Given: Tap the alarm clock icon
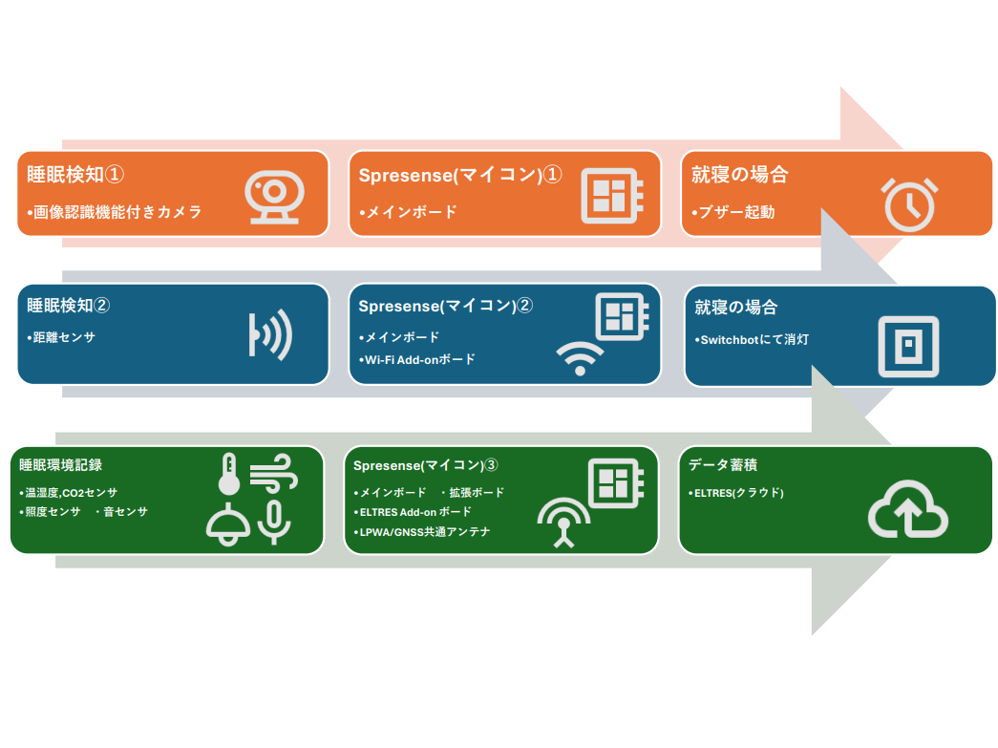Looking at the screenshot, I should click(x=908, y=203).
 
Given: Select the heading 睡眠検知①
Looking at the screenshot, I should click(x=76, y=175).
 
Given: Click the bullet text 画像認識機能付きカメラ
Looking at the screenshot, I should click(x=116, y=212).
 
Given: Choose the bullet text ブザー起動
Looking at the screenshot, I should click(x=734, y=212).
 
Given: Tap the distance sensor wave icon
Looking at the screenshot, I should click(x=269, y=335).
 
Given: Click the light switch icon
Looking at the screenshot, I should click(x=907, y=345).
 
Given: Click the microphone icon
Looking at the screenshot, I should click(x=275, y=522).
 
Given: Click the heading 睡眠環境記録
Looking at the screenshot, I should click(x=61, y=465).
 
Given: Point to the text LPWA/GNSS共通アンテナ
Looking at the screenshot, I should click(x=423, y=532).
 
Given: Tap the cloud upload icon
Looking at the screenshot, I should click(x=907, y=513).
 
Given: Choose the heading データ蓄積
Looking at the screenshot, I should click(x=723, y=465).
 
